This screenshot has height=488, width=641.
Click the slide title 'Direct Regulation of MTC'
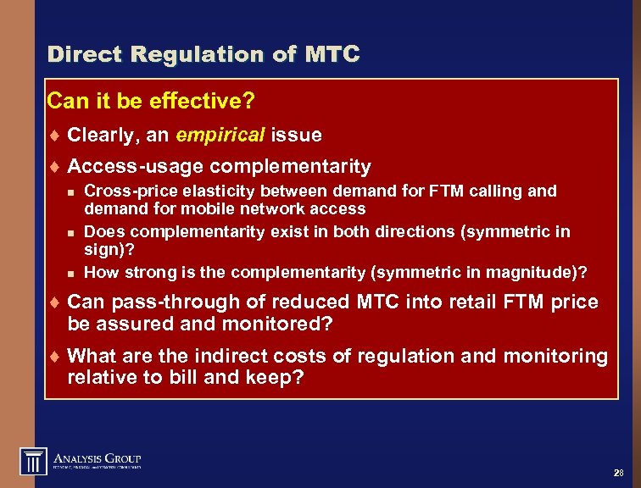pos(203,55)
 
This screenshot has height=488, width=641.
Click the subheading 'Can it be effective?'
pos(151,103)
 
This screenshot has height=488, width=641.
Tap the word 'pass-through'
pos(158,302)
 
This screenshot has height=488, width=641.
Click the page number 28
pos(616,472)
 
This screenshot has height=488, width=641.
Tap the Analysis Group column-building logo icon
pos(33,461)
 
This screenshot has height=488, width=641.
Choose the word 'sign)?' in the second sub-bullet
pos(106,251)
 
